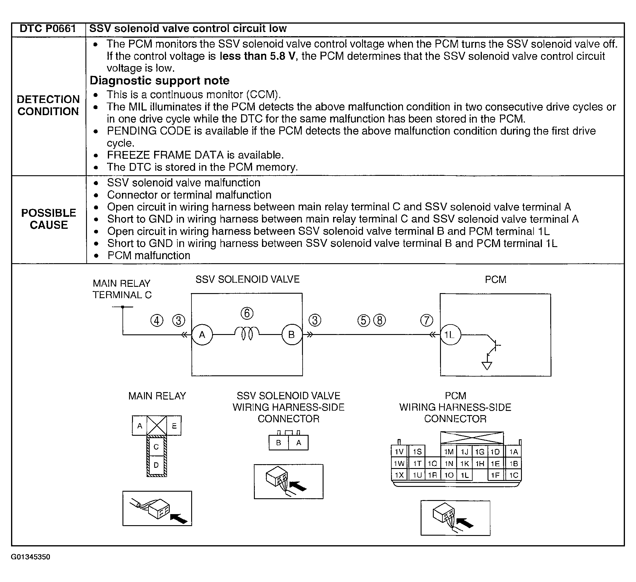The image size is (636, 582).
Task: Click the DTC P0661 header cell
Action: [48, 29]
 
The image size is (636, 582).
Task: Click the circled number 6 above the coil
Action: [247, 313]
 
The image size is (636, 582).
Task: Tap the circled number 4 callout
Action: [157, 321]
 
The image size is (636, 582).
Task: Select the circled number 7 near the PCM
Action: [427, 320]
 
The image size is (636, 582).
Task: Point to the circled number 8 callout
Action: [379, 321]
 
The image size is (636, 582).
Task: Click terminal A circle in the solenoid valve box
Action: [202, 335]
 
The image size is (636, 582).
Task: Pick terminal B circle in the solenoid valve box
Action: [292, 335]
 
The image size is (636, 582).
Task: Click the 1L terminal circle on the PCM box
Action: [450, 335]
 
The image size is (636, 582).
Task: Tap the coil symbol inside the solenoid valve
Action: [247, 333]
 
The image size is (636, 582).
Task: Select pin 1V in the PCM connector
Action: [399, 452]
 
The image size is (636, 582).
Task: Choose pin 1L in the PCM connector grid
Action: [465, 475]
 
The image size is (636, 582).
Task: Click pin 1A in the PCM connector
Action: [514, 452]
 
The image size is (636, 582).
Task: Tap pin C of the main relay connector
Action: [156, 447]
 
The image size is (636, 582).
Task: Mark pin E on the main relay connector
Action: [174, 426]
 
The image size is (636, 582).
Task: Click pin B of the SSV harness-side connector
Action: [278, 443]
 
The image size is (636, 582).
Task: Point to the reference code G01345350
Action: [30, 565]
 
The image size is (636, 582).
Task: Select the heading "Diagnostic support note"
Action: [160, 80]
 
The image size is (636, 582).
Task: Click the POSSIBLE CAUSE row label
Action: [49, 219]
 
